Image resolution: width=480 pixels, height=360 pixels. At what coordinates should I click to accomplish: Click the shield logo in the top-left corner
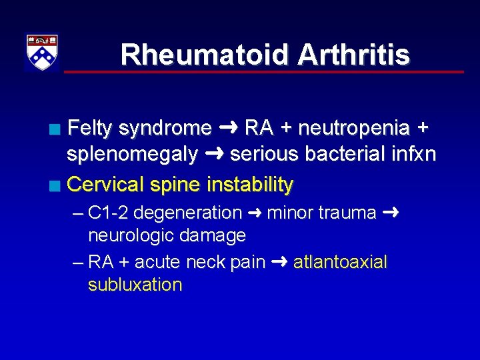point(41,51)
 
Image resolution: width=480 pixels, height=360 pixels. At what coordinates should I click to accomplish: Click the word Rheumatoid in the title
point(204,55)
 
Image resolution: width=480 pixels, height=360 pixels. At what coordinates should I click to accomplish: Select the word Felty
point(91,127)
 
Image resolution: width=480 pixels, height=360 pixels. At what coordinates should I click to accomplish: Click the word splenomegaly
point(132,155)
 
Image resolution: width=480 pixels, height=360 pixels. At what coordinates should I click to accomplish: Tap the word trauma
point(347,213)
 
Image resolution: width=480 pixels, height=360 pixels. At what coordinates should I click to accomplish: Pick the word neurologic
point(130,235)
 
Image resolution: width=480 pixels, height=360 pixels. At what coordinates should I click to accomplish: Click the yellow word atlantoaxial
point(340,262)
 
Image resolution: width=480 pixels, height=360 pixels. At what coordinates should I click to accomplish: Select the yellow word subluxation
point(135,285)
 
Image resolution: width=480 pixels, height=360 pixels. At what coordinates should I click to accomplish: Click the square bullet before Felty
point(61,128)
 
